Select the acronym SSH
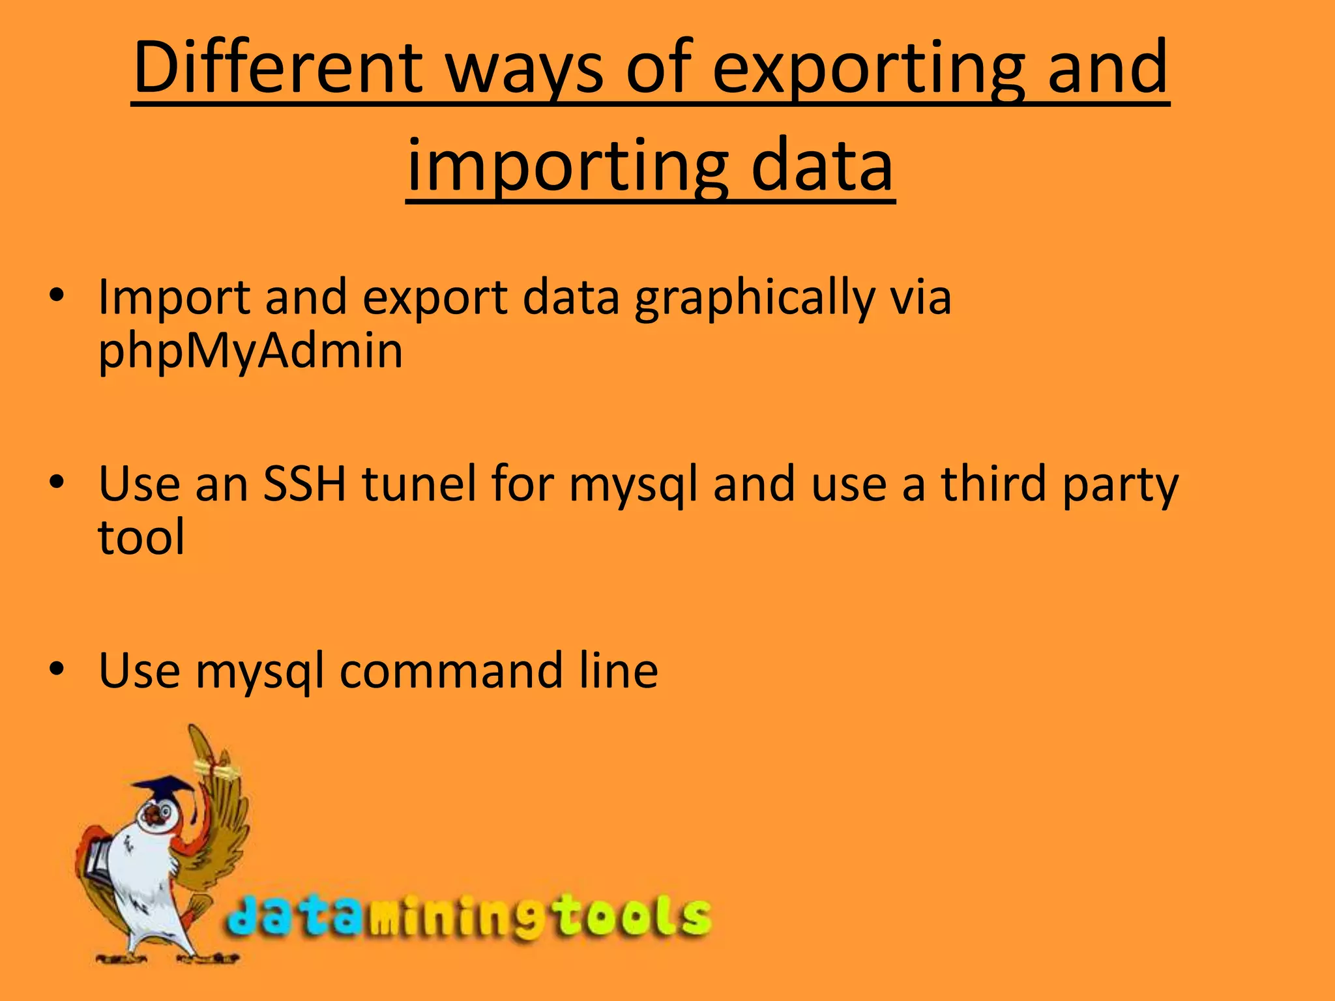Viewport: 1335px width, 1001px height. (304, 484)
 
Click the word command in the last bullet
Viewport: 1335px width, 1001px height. (451, 671)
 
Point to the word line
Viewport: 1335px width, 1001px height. (619, 671)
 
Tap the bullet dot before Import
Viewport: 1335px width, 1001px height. (57, 295)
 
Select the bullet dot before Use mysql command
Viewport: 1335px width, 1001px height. (57, 669)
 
